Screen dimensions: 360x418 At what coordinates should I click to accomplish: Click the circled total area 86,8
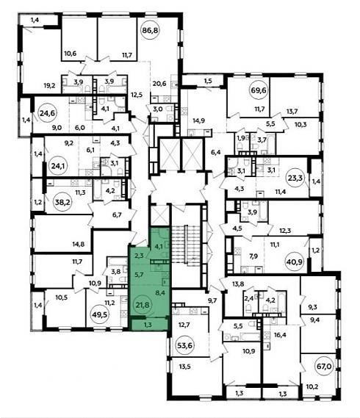[x=150, y=30]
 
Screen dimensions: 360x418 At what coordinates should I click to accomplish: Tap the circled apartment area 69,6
[x=259, y=90]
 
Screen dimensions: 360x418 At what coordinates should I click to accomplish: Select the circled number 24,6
[x=47, y=113]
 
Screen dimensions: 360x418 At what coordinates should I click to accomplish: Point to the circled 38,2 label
[x=62, y=202]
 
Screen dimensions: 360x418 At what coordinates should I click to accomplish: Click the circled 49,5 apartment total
[x=99, y=314]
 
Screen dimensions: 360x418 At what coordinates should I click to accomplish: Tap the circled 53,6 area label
[x=184, y=345]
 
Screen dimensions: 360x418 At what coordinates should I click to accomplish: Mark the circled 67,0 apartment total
[x=324, y=367]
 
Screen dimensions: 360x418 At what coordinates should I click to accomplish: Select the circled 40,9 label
[x=294, y=262]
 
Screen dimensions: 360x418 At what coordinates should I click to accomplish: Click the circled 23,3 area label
[x=295, y=177]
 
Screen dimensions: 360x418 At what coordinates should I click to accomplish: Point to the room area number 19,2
[x=50, y=85]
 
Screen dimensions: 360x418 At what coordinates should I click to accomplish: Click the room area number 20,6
[x=159, y=84]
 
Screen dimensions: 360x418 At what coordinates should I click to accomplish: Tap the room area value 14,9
[x=198, y=120]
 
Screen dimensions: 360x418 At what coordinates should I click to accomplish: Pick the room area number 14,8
[x=79, y=244]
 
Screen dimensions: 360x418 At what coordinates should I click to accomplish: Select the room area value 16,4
[x=280, y=334]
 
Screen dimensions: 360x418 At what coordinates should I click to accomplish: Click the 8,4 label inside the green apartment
[x=160, y=292]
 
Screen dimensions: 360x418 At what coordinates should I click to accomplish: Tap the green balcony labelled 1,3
[x=148, y=325]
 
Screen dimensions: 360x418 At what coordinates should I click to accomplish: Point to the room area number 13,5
[x=185, y=367]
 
